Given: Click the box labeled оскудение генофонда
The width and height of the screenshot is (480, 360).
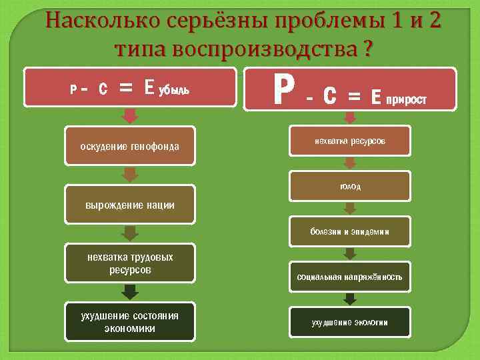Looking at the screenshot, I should pyautogui.click(x=130, y=146).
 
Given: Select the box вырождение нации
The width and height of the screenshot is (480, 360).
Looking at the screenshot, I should pyautogui.click(x=130, y=205).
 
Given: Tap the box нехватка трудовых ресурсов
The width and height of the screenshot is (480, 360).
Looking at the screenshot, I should pyautogui.click(x=130, y=263).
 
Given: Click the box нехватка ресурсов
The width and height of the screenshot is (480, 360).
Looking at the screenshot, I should pyautogui.click(x=350, y=142).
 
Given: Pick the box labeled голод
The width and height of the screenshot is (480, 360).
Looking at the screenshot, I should pyautogui.click(x=350, y=186).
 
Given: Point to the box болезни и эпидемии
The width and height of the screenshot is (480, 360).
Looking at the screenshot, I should pyautogui.click(x=350, y=231).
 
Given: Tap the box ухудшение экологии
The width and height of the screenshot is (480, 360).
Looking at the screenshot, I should pyautogui.click(x=350, y=323).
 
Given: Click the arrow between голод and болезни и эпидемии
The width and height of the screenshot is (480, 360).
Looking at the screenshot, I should pyautogui.click(x=350, y=209).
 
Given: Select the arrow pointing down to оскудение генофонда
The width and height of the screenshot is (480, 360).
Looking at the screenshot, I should pyautogui.click(x=131, y=116).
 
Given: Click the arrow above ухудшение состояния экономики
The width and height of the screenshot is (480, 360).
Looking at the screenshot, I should pyautogui.click(x=131, y=292).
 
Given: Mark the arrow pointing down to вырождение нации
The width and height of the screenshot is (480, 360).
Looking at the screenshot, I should pyautogui.click(x=131, y=175).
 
